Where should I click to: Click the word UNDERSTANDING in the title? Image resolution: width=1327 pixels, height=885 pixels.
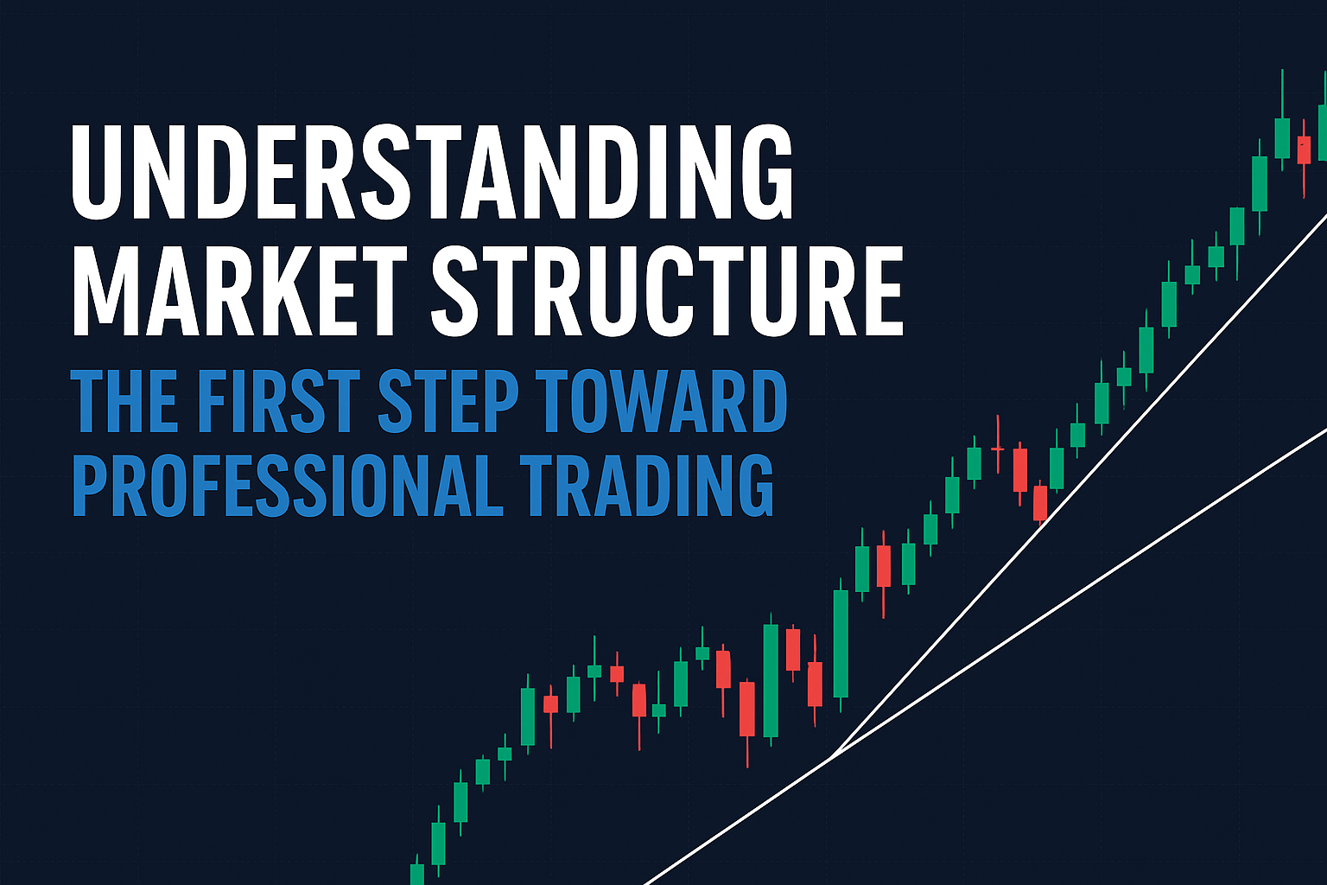(x=432, y=173)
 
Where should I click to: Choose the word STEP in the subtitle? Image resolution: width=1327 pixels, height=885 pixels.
(x=448, y=402)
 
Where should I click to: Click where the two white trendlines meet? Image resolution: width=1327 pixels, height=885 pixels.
(x=831, y=757)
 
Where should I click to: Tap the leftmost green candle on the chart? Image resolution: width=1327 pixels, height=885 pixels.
(x=417, y=873)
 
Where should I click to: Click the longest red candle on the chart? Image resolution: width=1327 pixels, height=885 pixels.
(x=747, y=709)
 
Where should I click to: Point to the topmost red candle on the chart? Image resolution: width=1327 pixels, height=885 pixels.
(x=1304, y=150)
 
